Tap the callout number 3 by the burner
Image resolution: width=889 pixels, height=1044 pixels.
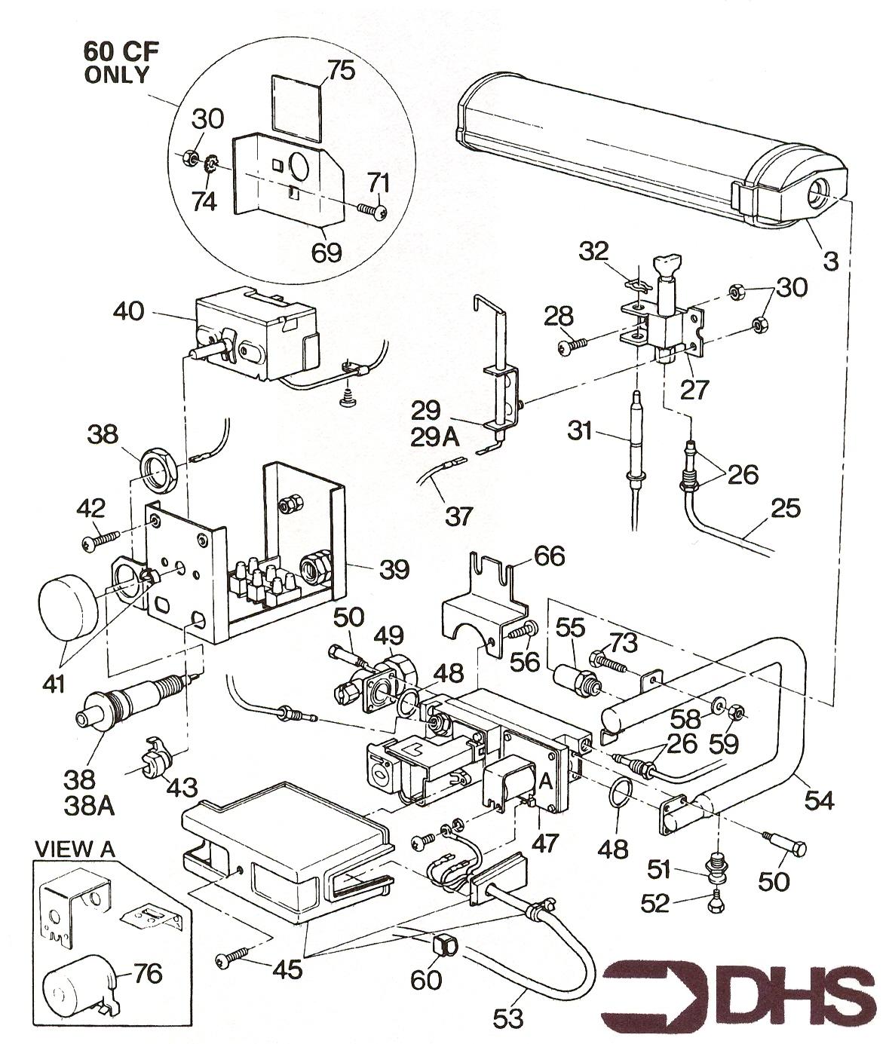(x=830, y=262)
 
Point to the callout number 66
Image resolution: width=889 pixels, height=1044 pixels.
(x=548, y=557)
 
